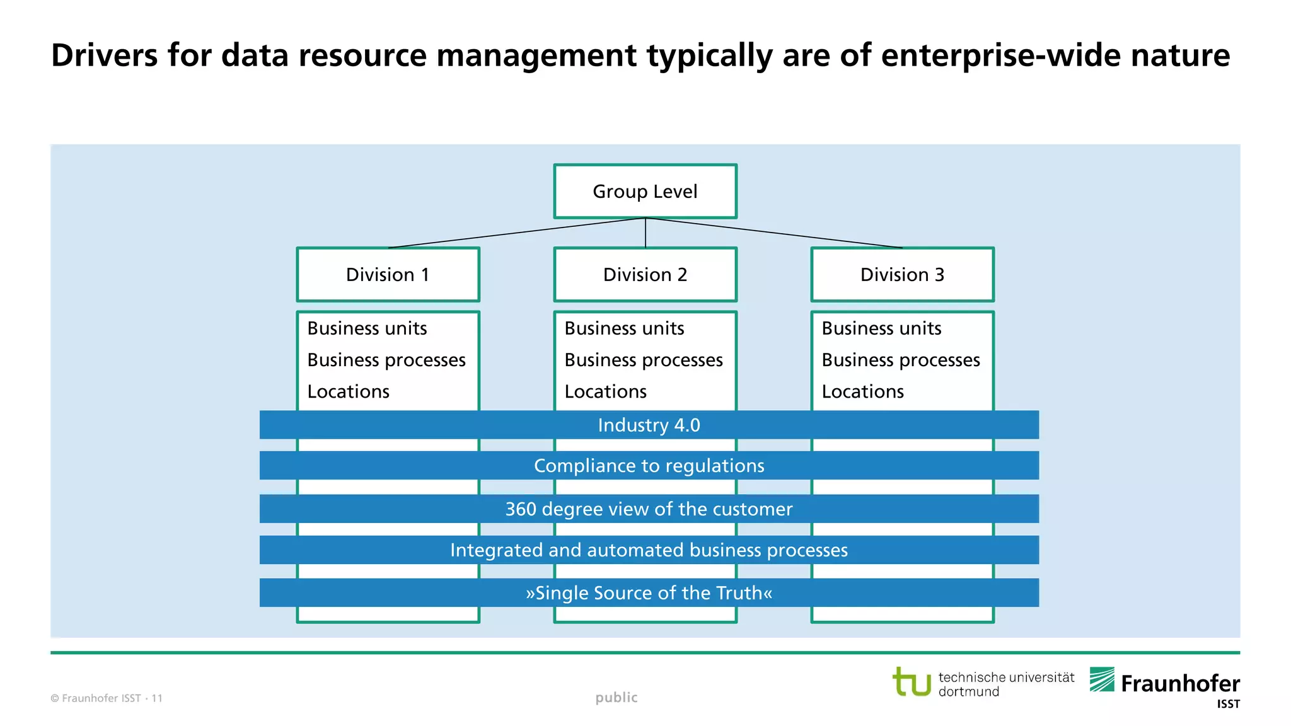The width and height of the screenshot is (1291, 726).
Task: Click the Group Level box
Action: [645, 192]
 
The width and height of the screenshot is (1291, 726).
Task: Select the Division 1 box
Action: [388, 275]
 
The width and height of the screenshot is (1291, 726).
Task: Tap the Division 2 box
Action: [645, 275]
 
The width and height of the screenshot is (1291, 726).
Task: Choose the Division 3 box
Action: [902, 275]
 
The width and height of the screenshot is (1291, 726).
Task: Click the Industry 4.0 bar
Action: [649, 425]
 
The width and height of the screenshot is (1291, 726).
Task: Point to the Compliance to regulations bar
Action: [649, 466]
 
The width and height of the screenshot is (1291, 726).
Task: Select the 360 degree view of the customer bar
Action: [649, 509]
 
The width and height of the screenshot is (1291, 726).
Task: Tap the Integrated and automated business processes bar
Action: [649, 550]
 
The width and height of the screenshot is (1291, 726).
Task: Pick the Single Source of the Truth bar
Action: [649, 593]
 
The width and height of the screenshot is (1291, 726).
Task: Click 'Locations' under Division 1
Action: [349, 392]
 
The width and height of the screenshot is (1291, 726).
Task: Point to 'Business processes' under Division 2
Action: [644, 360]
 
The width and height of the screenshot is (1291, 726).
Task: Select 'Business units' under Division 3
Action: [881, 328]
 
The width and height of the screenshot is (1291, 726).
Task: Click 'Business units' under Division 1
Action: [367, 328]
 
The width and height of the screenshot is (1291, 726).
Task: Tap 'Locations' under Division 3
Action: [863, 392]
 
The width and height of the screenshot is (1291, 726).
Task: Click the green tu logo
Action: [912, 682]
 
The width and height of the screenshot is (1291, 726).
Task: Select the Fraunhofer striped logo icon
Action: [1102, 680]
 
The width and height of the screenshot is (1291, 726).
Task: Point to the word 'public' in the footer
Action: [617, 698]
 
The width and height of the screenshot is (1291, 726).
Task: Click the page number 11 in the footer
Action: [157, 698]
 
